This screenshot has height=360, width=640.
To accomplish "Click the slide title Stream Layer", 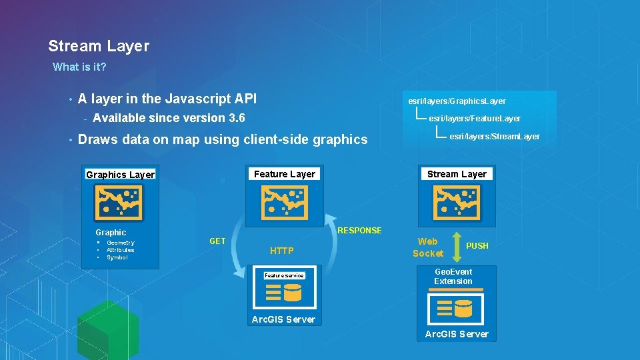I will point(99,46).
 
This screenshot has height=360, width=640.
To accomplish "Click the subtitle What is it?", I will point(79,67).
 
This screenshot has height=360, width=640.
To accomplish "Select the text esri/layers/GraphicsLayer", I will point(457,101).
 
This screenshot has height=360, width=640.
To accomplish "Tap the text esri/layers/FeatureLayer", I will point(475,119).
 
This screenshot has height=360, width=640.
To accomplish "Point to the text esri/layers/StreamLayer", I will point(495,137).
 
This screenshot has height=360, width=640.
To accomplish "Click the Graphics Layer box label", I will point(120,175).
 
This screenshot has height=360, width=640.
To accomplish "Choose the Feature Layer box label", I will point(285,174).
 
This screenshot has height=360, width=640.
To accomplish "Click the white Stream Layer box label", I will point(457,174).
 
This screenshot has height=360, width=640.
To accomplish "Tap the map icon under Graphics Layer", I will point(119,203).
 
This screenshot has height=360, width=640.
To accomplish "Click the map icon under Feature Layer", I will point(285,202).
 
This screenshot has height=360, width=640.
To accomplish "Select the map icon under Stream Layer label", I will point(457,202).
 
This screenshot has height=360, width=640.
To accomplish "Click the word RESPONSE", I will point(360,231).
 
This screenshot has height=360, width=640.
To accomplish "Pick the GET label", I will point(217,241).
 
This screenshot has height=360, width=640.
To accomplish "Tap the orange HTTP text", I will point(281,251).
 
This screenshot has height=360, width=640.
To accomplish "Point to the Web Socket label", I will point(427,247).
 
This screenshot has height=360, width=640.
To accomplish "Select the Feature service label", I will point(284,275).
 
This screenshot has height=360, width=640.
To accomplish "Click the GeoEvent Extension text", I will point(453,276).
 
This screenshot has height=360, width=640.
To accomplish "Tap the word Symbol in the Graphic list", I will point(117,257).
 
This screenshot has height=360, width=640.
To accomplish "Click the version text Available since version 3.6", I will point(169,118).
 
